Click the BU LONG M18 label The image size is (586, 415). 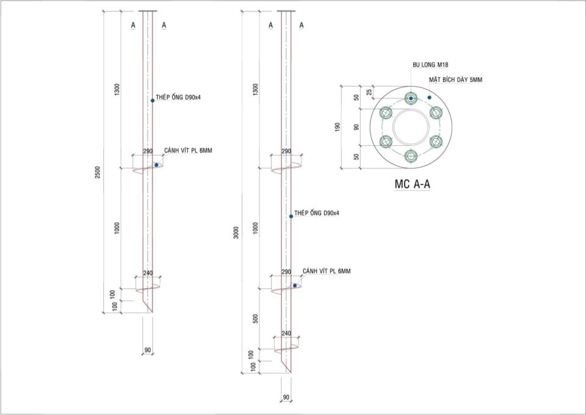(430, 64)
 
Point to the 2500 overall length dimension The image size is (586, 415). (98, 173)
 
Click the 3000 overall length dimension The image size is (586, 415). (236, 232)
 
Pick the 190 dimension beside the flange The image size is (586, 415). (338, 127)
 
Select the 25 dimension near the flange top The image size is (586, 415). (369, 92)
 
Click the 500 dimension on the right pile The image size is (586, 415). (255, 319)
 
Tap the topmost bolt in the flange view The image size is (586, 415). (411, 98)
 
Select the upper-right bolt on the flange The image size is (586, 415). (435, 112)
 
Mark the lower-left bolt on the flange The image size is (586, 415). (386, 142)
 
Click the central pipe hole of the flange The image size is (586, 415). (411, 127)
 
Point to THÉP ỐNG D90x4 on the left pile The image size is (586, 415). (178, 98)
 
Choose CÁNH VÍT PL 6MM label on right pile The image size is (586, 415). (326, 271)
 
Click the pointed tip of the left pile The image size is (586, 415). (151, 311)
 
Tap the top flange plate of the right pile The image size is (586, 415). (286, 11)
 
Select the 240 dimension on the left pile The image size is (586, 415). (148, 273)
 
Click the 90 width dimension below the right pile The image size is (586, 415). (286, 397)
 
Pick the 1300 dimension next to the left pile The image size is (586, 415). (117, 89)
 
